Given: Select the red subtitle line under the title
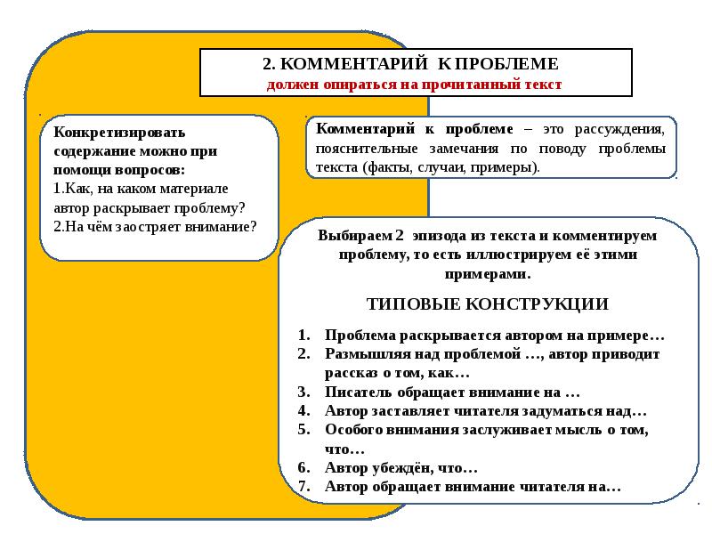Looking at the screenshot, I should click(415, 85).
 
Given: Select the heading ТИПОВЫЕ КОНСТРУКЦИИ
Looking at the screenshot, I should click(488, 303).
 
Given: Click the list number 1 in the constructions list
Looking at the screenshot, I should click(303, 336).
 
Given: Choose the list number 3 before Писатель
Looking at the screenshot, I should click(303, 392).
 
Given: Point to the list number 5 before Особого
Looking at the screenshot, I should click(303, 430).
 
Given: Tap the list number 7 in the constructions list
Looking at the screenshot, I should click(303, 487).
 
